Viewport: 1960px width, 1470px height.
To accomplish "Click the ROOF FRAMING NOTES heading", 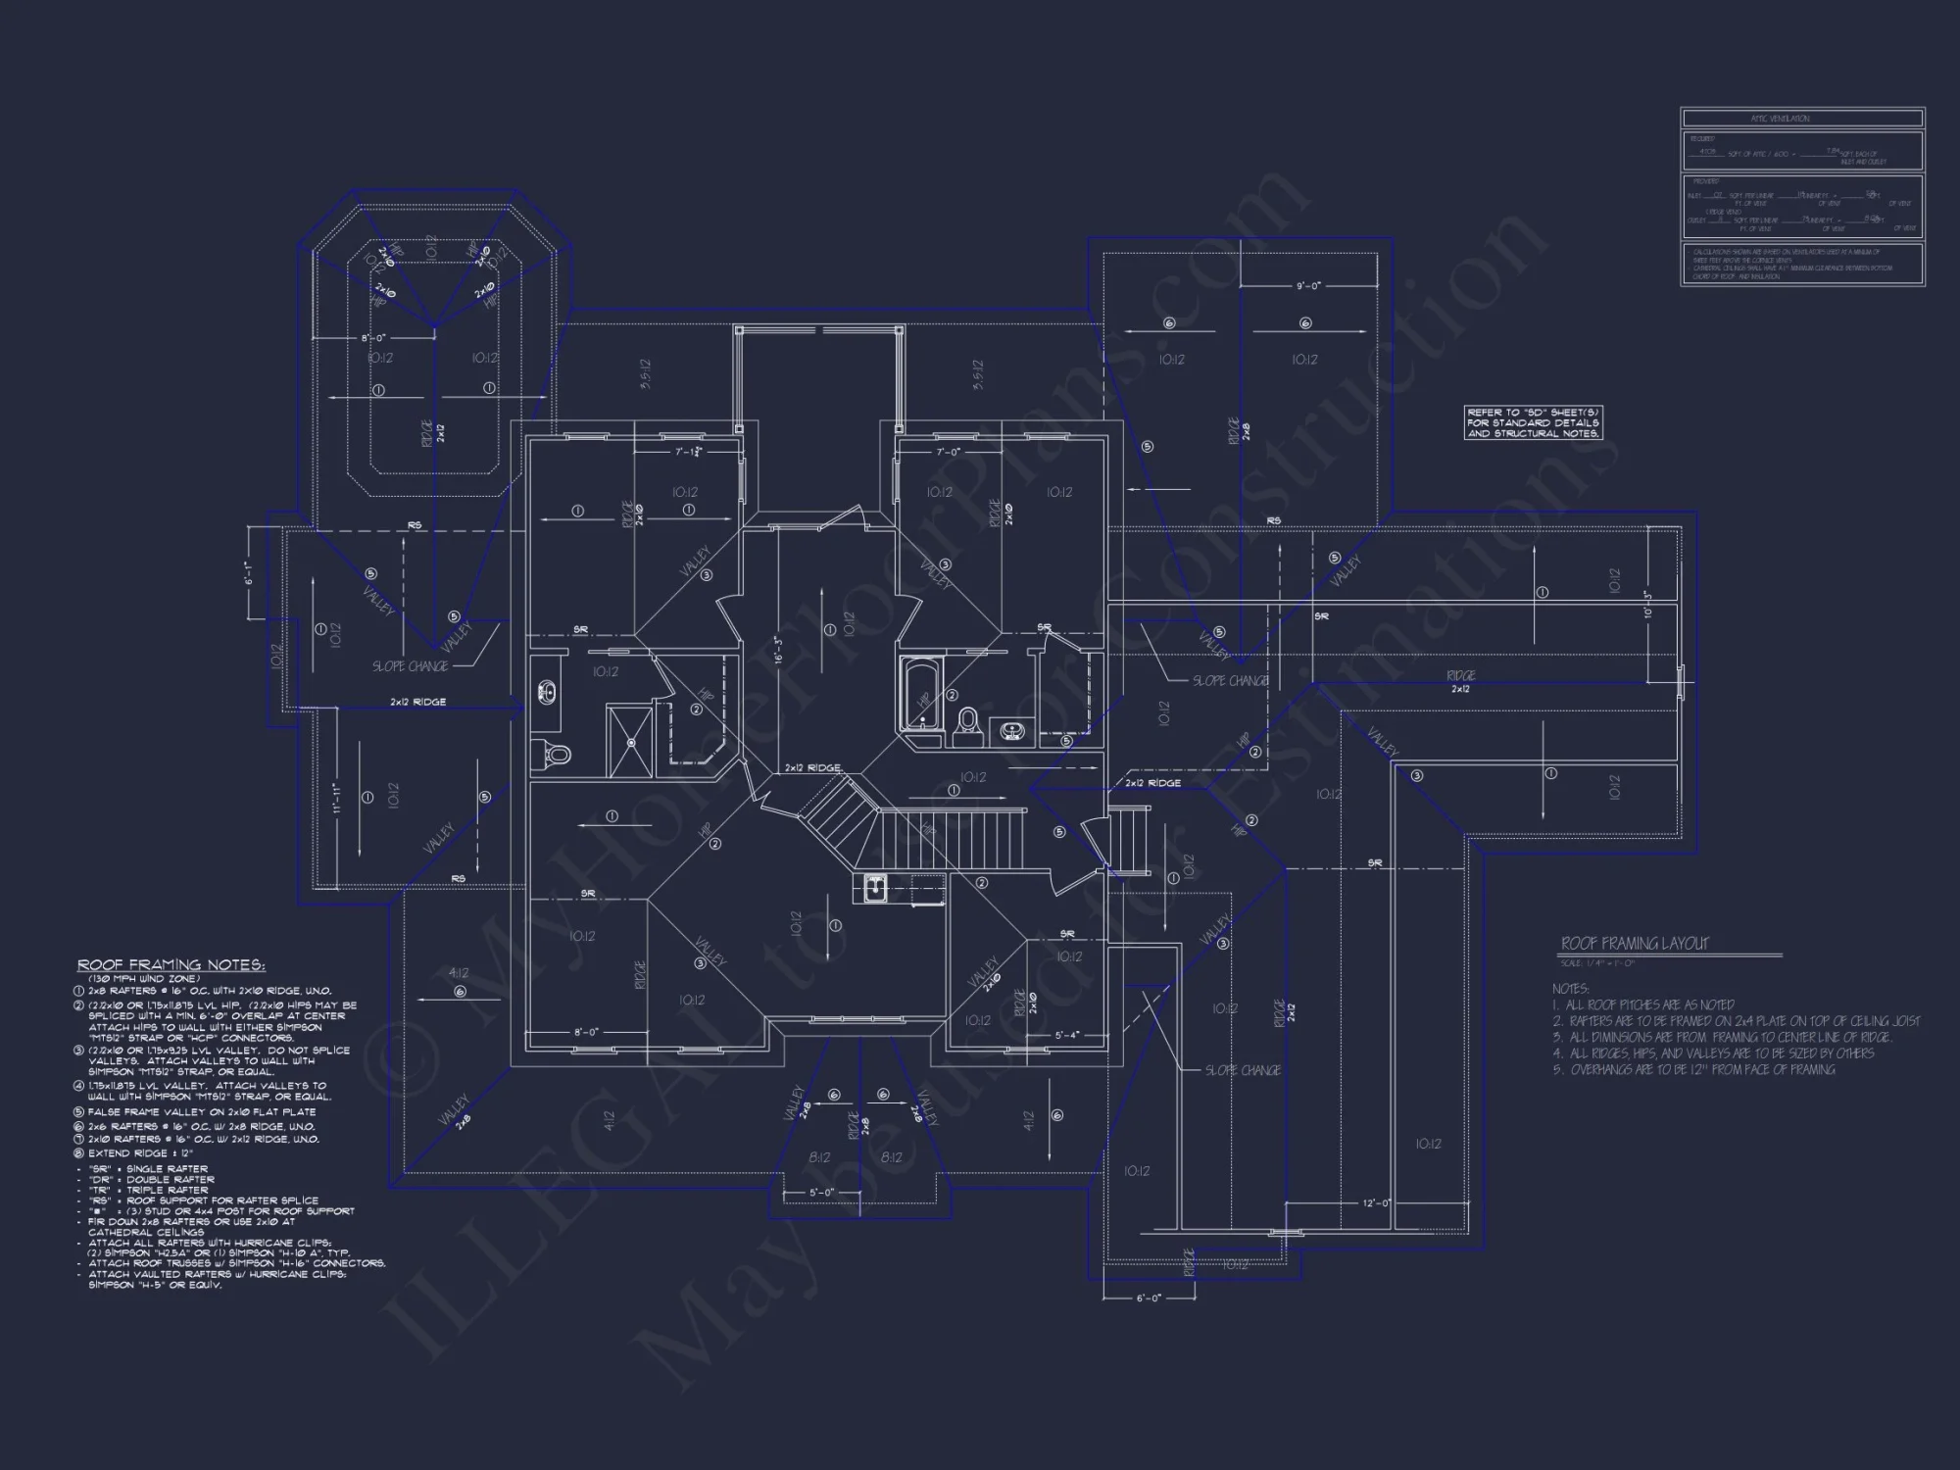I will (171, 965).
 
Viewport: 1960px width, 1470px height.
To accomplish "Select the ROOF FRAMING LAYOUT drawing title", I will (1634, 943).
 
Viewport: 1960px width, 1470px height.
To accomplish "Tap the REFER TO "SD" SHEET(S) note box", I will (1534, 422).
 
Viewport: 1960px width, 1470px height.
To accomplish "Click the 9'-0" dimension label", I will (1308, 286).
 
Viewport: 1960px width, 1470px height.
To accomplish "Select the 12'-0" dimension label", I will (1376, 1202).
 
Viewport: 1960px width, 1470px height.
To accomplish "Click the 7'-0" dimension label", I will (948, 452).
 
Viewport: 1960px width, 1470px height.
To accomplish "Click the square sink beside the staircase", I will (874, 888).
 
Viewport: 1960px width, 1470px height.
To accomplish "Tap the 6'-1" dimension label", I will (251, 574).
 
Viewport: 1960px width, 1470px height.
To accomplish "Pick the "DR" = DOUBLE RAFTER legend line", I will (152, 1179).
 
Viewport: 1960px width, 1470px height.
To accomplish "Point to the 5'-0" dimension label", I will (821, 1193).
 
